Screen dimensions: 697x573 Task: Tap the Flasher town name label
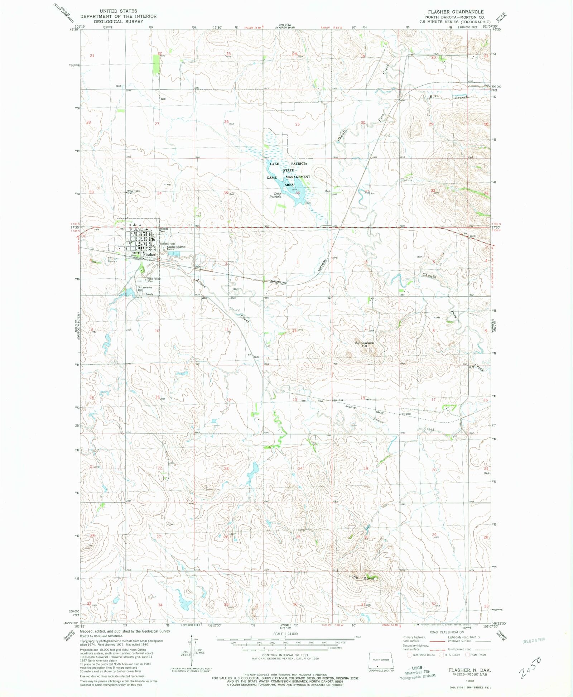pos(149,255)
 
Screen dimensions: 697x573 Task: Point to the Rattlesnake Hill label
pos(364,344)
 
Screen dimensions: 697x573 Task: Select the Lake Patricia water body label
pos(275,195)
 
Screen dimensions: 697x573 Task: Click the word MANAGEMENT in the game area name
pos(298,177)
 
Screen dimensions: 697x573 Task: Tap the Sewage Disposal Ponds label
pos(176,247)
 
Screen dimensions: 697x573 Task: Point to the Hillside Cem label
pos(164,230)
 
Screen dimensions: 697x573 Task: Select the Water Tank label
pos(134,191)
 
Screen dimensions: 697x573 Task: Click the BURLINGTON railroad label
pos(278,283)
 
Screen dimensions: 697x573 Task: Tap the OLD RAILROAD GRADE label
pos(351,407)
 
